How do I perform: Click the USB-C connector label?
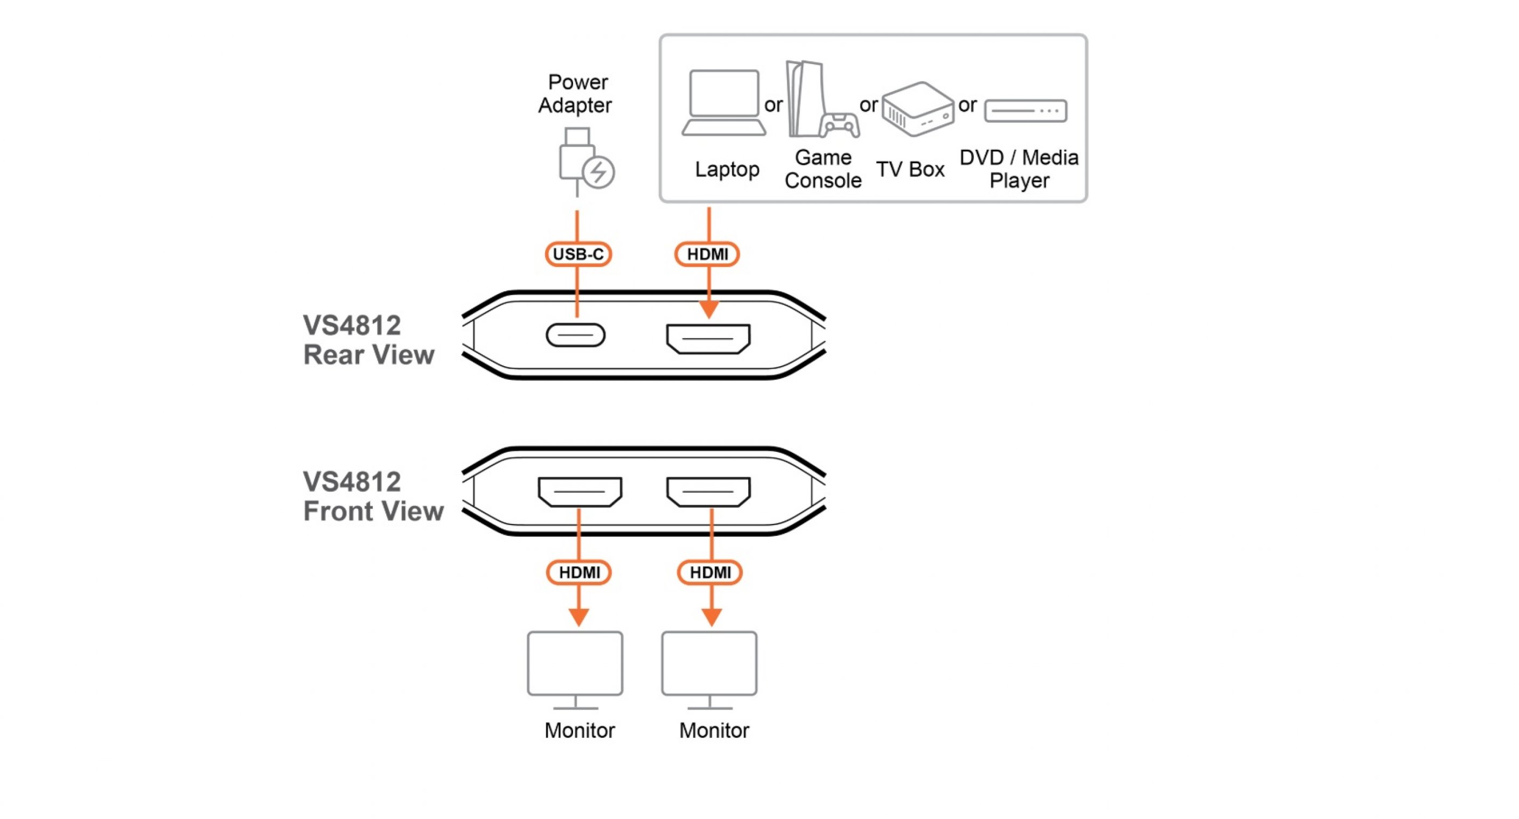(x=578, y=254)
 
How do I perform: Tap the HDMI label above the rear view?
(x=707, y=254)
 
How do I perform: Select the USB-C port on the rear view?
(x=575, y=335)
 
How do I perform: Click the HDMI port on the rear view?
(x=708, y=339)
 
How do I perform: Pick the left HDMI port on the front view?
(x=580, y=491)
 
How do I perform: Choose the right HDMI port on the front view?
(x=708, y=491)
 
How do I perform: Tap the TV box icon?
(x=917, y=109)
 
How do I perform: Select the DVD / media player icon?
(x=1026, y=111)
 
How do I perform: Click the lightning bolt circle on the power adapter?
(x=598, y=172)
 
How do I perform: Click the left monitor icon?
(x=575, y=669)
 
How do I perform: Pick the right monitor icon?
(x=709, y=669)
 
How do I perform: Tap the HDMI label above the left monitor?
(x=579, y=572)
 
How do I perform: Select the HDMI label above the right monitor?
(x=710, y=572)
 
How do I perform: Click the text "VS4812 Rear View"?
(x=368, y=340)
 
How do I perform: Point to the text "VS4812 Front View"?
(x=372, y=496)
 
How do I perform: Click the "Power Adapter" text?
(x=575, y=94)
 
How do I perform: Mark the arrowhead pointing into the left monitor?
(x=579, y=617)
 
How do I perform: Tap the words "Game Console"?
(x=823, y=169)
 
